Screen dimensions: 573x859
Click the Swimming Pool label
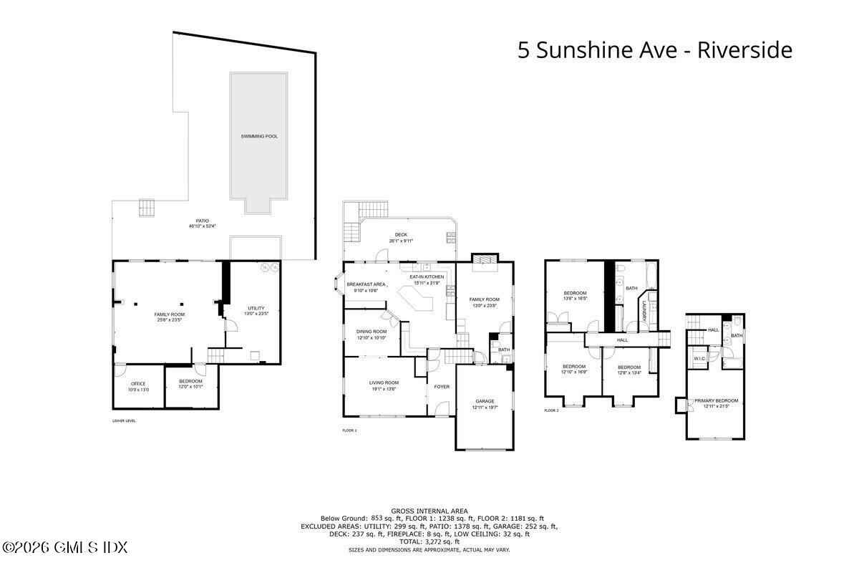[259, 136]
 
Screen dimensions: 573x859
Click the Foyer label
[442, 387]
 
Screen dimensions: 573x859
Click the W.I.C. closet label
[699, 359]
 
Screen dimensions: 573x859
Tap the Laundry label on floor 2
[644, 309]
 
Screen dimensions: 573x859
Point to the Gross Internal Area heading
[429, 511]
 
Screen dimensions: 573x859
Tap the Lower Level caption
[124, 420]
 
